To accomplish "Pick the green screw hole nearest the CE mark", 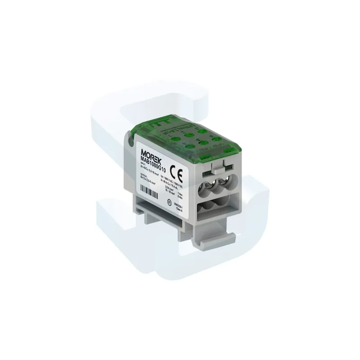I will tap(188, 145).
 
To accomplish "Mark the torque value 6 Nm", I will tap(180, 197).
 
